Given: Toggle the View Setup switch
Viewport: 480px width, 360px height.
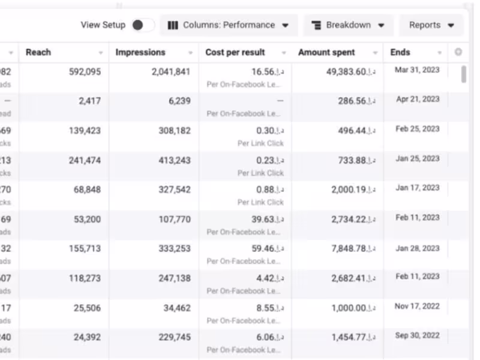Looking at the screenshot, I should (x=142, y=25).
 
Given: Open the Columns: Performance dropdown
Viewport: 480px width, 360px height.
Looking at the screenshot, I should (x=229, y=25).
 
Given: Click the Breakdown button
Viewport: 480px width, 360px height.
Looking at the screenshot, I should (x=349, y=25).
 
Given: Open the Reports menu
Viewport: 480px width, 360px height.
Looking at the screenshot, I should (x=431, y=25).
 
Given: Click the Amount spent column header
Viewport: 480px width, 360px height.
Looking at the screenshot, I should (x=326, y=52).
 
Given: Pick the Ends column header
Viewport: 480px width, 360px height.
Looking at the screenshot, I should (x=400, y=52).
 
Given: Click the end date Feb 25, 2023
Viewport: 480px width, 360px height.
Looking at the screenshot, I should (x=418, y=129).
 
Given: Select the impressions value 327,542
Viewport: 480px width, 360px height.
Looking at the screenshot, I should (x=172, y=190).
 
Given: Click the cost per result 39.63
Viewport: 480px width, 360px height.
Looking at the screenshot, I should (x=267, y=220).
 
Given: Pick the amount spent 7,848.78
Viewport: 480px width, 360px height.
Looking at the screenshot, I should (x=353, y=249).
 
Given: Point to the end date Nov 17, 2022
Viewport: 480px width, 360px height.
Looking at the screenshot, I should (x=418, y=307).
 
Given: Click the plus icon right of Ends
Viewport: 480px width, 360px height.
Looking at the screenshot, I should (x=458, y=52).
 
